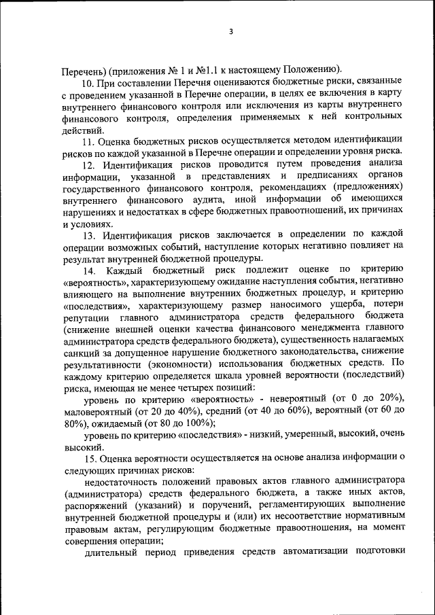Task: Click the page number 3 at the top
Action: [230, 32]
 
